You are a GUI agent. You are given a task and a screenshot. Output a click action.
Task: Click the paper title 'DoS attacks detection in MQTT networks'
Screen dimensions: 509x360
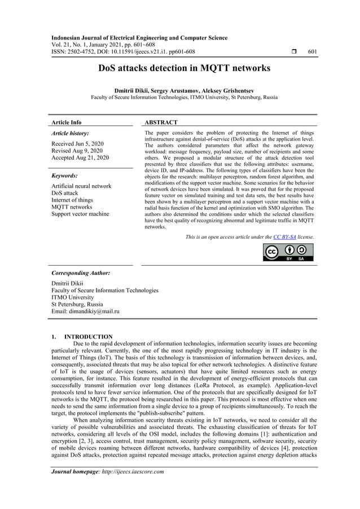click(185, 68)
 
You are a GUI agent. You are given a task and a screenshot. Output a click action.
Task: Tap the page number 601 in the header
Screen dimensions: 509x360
click(312, 52)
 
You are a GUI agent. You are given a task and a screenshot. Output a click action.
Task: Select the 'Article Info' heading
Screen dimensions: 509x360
click(67, 122)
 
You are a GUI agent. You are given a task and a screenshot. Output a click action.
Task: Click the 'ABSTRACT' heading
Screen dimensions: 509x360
click(161, 122)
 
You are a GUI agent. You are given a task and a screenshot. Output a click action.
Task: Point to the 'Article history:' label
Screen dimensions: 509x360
click(70, 134)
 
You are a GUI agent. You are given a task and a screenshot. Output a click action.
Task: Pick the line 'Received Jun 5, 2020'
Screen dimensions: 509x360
click(77, 144)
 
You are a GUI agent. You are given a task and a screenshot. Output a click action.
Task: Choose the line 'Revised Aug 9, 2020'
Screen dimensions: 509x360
click(77, 151)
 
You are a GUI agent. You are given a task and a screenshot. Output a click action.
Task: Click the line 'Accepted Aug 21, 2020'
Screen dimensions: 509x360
click(80, 158)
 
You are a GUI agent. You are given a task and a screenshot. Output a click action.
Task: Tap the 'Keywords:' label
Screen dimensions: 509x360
click(64, 175)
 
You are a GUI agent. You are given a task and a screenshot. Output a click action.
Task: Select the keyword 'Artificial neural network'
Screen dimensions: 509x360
click(81, 186)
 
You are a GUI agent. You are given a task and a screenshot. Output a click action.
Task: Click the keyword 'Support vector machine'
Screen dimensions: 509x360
click(80, 214)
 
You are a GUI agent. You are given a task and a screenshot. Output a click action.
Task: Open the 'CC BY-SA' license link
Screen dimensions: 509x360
click(284, 237)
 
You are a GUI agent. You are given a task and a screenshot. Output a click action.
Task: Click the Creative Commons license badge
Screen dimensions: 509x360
click(288, 252)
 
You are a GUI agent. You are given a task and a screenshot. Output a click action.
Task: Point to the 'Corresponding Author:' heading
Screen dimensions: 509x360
click(81, 273)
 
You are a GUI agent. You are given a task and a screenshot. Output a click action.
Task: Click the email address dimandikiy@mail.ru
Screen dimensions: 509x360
click(85, 311)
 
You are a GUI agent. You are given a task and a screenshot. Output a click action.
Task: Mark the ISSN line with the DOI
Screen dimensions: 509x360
click(123, 52)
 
